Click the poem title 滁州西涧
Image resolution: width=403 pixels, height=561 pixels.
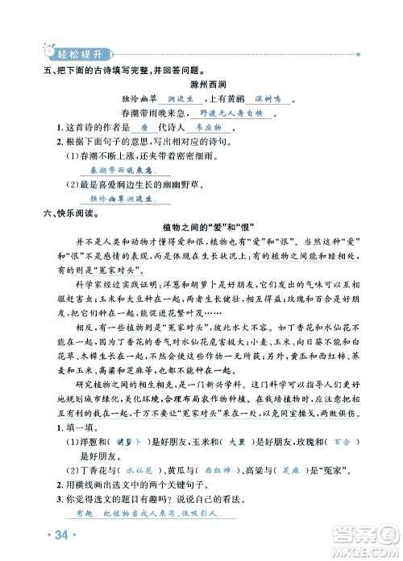click(x=201, y=84)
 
